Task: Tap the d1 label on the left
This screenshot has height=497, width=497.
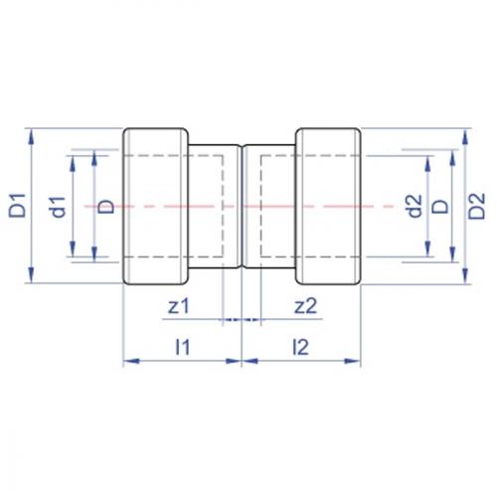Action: click(58, 207)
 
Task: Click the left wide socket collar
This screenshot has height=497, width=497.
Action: click(155, 207)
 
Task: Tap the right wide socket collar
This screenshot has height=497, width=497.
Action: click(328, 207)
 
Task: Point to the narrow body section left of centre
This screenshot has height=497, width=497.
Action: click(215, 207)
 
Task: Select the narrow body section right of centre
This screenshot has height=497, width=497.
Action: click(269, 207)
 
